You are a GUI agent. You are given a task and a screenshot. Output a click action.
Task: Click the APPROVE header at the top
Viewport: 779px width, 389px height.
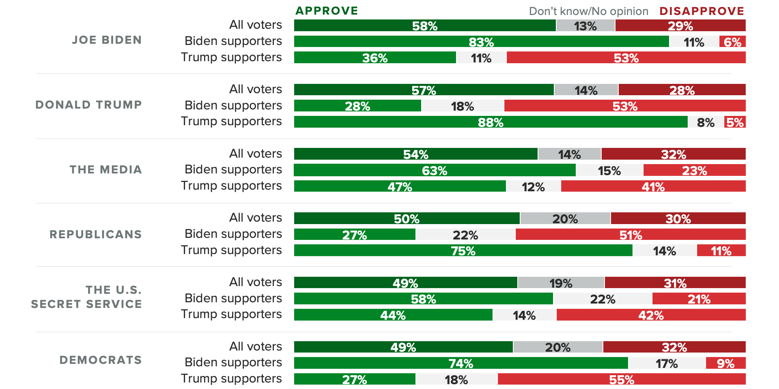point(327,11)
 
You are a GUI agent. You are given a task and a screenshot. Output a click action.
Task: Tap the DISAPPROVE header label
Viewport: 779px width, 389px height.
point(702,11)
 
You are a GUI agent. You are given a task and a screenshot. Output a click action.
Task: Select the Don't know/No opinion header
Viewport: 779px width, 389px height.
point(588,11)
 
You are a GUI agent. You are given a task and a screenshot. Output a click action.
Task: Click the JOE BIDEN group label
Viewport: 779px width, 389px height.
point(107,40)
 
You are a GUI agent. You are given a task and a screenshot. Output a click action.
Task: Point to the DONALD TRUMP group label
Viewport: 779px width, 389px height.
point(88,105)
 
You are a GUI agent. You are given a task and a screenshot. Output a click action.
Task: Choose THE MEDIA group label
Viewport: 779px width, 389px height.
point(105,169)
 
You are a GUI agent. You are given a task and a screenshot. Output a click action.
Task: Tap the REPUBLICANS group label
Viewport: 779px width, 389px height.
point(95,234)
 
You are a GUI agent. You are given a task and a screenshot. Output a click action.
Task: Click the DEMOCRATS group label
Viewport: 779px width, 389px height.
point(101,360)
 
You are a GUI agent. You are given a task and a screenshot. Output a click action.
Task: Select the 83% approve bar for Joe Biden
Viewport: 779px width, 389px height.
point(481,41)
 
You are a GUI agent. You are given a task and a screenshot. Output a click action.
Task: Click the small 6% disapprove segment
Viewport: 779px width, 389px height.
point(732,41)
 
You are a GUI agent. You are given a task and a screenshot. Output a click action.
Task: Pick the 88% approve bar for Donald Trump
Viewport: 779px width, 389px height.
point(491,122)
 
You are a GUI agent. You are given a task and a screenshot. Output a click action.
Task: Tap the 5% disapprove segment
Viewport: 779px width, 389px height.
point(735,122)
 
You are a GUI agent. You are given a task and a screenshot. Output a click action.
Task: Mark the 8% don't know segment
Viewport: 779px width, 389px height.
point(706,122)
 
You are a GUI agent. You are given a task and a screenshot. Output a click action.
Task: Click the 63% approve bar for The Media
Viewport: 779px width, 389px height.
point(435,170)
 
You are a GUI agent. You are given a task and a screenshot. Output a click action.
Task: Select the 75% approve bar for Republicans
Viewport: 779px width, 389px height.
point(463,250)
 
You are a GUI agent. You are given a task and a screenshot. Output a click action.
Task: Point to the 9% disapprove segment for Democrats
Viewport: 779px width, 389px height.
point(725,363)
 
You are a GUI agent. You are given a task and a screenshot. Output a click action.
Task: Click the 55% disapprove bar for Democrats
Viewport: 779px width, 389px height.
point(621,379)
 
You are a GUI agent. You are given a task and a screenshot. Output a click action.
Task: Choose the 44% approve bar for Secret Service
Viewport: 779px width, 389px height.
point(393,315)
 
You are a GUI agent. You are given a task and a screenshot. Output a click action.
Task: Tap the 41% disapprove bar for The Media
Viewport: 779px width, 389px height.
point(653,186)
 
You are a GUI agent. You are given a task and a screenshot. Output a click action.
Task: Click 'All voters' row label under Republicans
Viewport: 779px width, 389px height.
point(255,218)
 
